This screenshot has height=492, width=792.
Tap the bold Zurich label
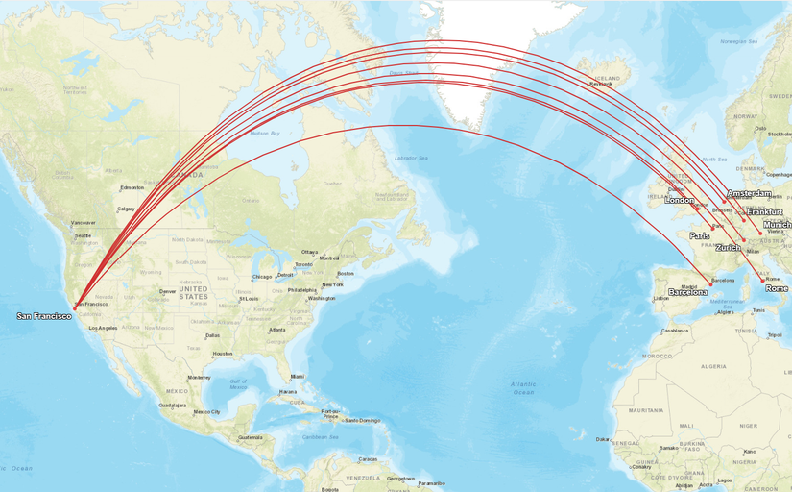coord(728,248)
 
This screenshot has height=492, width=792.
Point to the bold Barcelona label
coord(687,292)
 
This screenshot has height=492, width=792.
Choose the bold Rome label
coord(777,288)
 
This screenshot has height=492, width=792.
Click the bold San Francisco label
coord(43,315)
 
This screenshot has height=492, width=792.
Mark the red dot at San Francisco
coord(75,307)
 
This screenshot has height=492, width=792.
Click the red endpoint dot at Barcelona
coord(710,282)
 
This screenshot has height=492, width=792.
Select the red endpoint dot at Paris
coord(713,228)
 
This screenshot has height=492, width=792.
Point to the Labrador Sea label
coord(411,158)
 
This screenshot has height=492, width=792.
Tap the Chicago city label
coord(262,277)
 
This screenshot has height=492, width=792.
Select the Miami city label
coord(298,376)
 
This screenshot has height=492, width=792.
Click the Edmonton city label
coord(132,187)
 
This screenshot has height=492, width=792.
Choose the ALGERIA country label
coord(714,366)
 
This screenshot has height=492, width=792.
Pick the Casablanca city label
coord(675,331)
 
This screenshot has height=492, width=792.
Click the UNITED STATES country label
coord(193,292)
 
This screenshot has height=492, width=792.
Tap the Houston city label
coord(223,354)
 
